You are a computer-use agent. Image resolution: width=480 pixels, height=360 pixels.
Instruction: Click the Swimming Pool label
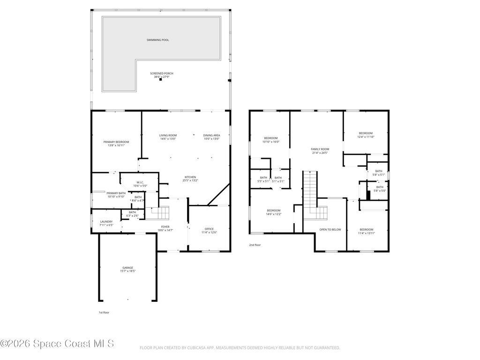point(157,40)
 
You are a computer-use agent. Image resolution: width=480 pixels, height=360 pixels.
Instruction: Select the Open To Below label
point(330,230)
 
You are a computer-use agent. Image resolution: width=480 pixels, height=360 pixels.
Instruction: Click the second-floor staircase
point(310,195)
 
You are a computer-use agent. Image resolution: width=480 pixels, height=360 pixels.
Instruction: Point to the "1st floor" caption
point(104,312)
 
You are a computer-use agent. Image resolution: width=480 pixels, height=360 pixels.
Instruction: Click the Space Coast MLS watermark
point(57,344)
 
